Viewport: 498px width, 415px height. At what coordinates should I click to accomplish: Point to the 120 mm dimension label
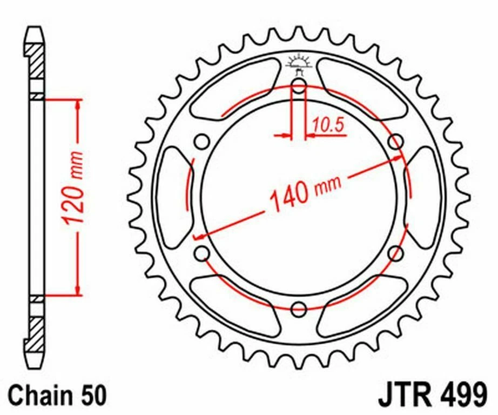click(x=73, y=189)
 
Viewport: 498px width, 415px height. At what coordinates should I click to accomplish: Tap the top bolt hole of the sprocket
click(x=298, y=85)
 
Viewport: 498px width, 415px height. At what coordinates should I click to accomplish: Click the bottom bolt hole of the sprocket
click(x=298, y=310)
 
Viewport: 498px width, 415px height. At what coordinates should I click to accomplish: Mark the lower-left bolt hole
click(x=201, y=253)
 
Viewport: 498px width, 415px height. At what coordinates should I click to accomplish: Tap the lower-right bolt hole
click(x=396, y=253)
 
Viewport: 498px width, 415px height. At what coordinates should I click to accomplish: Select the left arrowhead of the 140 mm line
click(x=199, y=236)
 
